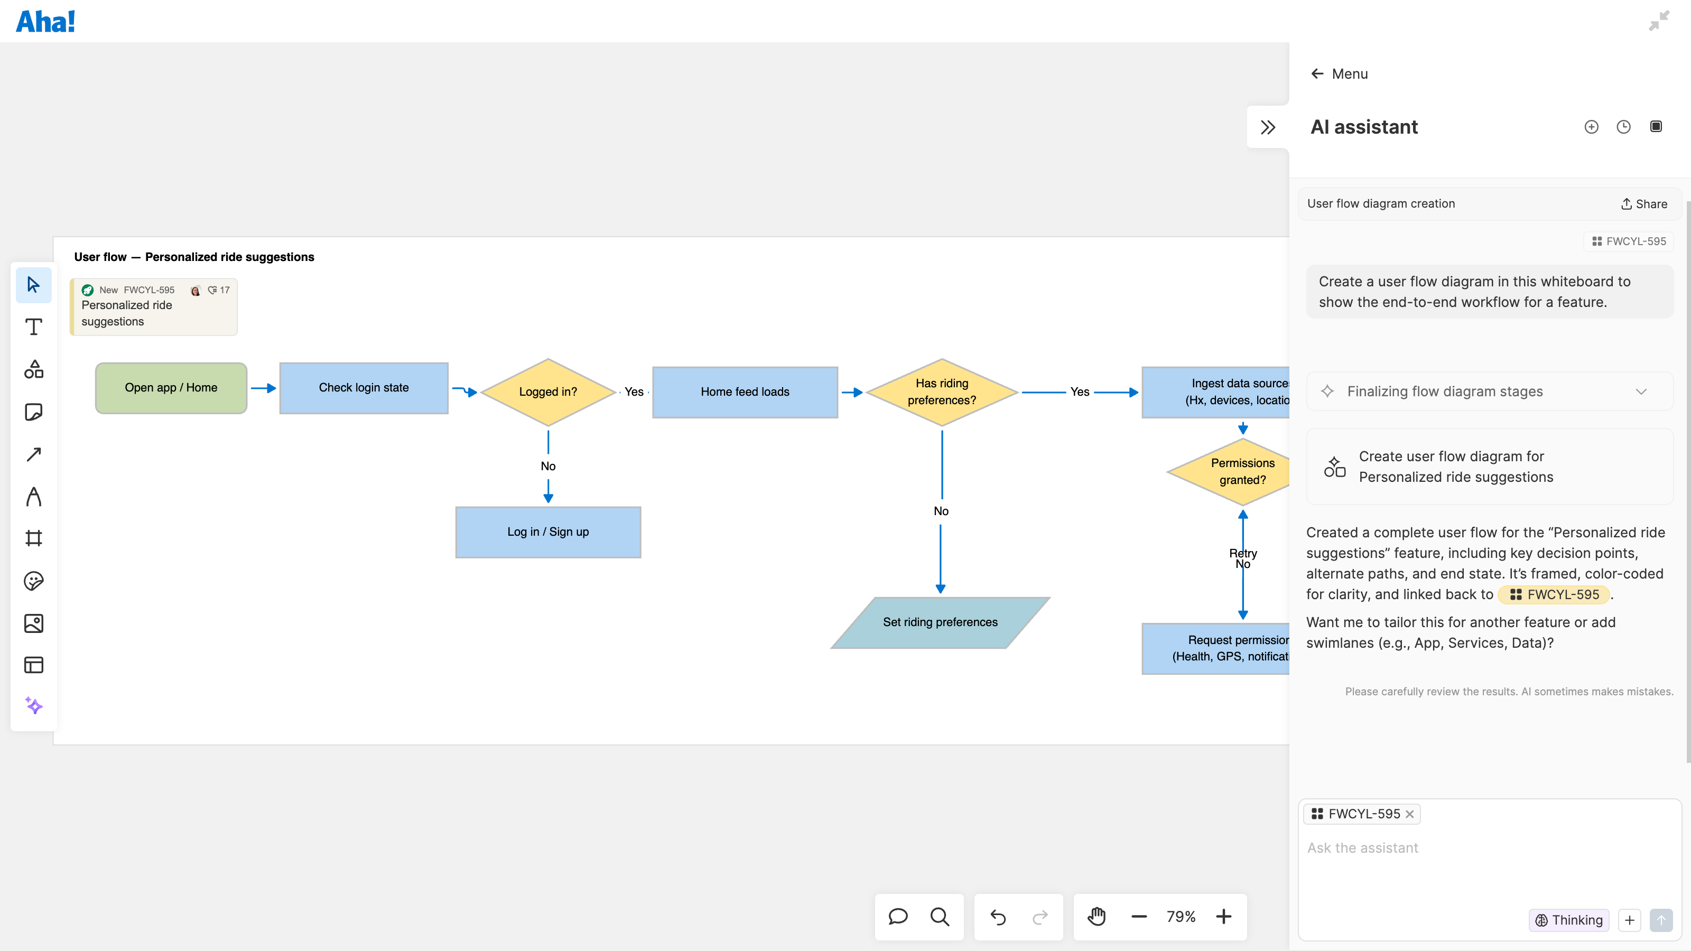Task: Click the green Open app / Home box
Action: point(171,388)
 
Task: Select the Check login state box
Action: point(364,388)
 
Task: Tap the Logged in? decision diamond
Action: point(547,392)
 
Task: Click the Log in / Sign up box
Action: point(547,532)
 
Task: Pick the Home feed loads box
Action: point(745,392)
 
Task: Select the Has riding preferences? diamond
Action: point(941,392)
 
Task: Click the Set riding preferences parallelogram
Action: point(940,622)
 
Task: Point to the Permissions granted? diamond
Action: point(1234,471)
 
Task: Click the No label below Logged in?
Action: point(547,466)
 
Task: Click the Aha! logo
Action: point(45,22)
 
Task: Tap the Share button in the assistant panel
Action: point(1644,204)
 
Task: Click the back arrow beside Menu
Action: point(1317,73)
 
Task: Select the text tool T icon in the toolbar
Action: point(33,327)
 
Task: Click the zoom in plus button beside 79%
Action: point(1223,917)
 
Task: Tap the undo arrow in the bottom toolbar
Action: point(998,917)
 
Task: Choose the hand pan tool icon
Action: point(1097,917)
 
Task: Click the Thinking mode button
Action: point(1568,920)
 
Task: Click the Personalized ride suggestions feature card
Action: point(154,307)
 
